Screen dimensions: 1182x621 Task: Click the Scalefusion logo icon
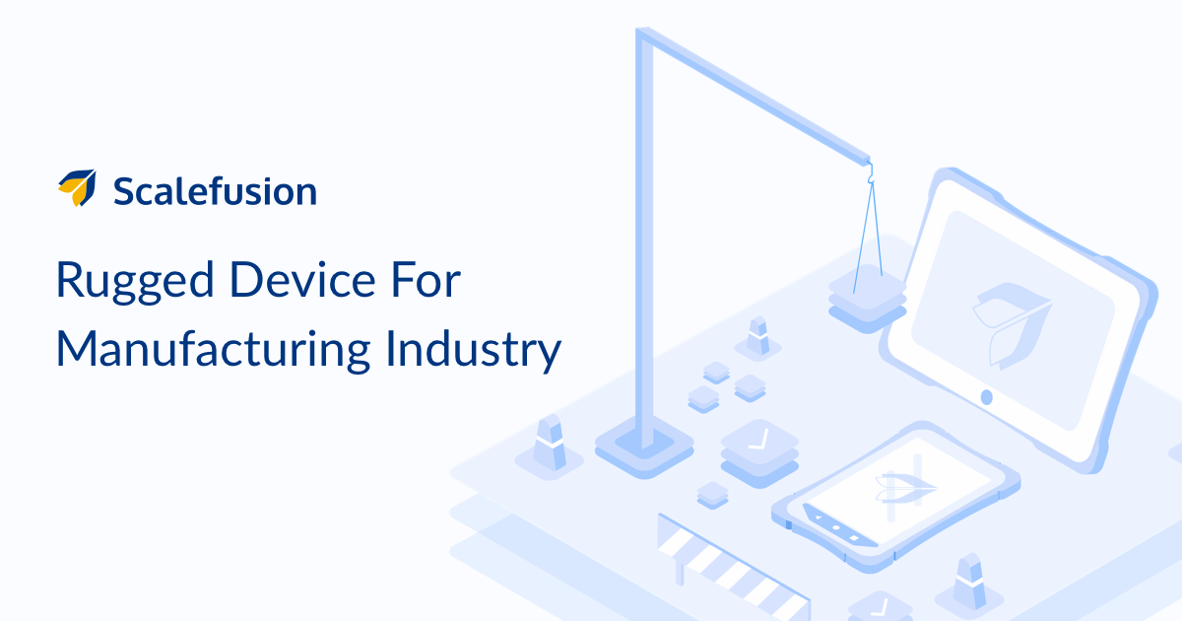point(78,188)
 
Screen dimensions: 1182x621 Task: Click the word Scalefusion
point(216,191)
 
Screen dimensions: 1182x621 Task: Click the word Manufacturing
point(213,351)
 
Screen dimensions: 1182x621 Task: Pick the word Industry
point(474,351)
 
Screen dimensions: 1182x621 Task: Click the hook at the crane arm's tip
point(871,173)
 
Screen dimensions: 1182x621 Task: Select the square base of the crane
point(644,447)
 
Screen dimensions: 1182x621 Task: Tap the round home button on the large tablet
point(986,397)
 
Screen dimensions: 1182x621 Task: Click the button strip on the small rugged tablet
point(839,526)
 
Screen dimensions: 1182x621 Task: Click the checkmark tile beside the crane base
point(759,452)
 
